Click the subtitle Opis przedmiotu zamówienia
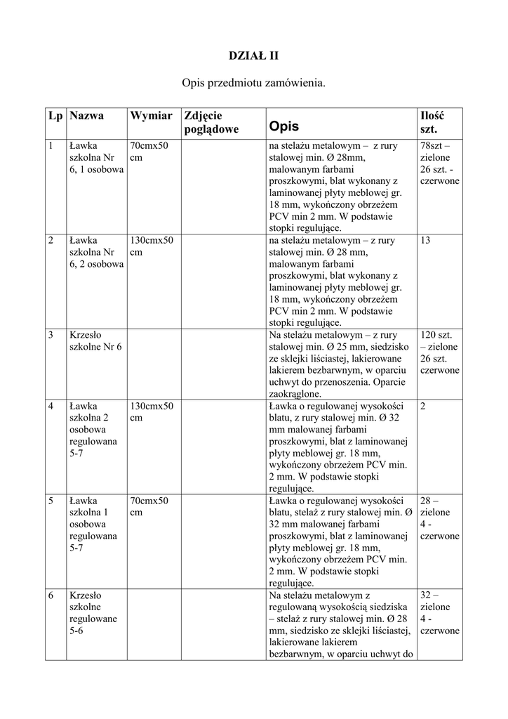coord(254,84)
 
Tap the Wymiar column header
coord(151,115)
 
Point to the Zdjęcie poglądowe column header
coord(210,122)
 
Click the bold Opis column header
coord(283,126)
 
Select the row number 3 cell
coord(51,335)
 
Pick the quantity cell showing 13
coord(426,240)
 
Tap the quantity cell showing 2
coord(423,406)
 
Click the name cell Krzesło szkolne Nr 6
coord(95,341)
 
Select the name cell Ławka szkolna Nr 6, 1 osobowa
coord(96,158)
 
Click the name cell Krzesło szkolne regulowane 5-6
coord(93,612)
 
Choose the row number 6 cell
coord(51,595)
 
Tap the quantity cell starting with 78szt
coord(439,163)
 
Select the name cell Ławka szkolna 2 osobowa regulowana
coord(93,430)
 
